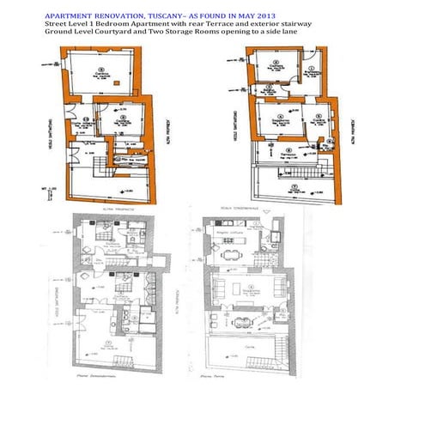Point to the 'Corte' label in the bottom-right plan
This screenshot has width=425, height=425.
point(249,355)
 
